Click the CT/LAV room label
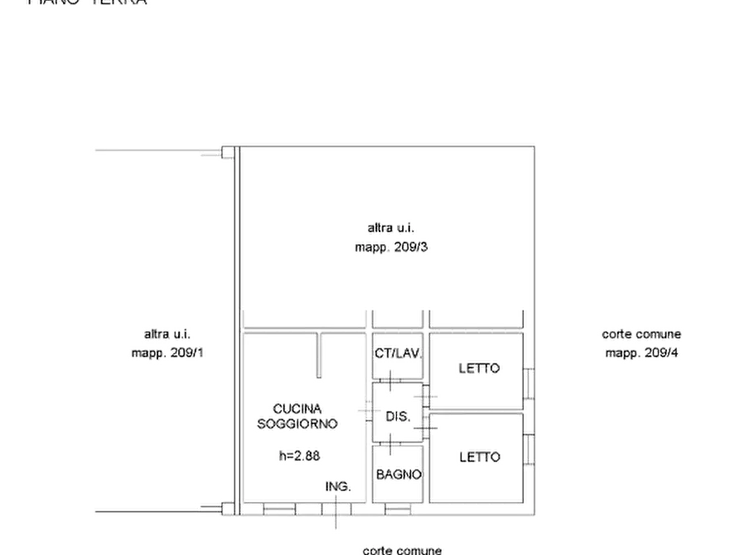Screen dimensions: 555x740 (398, 354)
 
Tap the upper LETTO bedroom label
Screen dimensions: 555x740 (481, 369)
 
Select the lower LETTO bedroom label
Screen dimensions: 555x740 (480, 456)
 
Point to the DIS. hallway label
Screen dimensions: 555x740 (397, 417)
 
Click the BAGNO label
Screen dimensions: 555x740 (399, 475)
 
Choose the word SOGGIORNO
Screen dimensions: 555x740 (298, 423)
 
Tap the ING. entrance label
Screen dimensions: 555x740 (337, 486)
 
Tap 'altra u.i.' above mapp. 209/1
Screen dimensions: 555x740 (168, 334)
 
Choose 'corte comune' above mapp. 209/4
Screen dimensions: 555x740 (641, 334)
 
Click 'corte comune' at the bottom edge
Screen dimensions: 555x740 (405, 549)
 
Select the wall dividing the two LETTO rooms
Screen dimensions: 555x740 (476, 409)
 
